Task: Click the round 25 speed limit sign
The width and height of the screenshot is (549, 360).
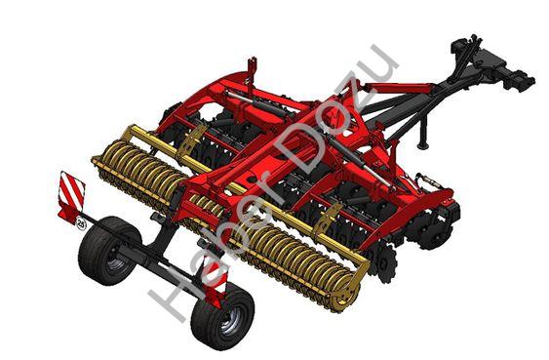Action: coord(81,224)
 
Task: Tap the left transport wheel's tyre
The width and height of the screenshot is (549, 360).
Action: coord(101,251)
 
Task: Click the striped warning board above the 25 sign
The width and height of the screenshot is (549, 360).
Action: coord(72,197)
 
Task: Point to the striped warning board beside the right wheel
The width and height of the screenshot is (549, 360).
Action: coord(215,280)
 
